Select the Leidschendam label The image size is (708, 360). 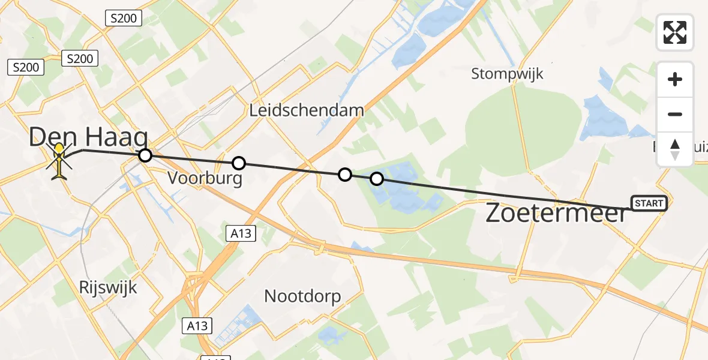(307, 110)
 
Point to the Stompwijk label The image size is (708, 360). (507, 74)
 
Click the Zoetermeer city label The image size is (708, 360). (556, 213)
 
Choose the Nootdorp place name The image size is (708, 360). (302, 296)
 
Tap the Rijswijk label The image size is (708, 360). (108, 287)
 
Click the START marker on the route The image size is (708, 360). (649, 203)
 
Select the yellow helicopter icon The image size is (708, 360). (59, 160)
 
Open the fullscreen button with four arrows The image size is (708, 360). (675, 32)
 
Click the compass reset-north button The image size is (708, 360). (675, 149)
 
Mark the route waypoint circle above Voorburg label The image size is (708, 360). (239, 163)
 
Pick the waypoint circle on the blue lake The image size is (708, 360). (377, 179)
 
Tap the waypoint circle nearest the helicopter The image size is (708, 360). (145, 156)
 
